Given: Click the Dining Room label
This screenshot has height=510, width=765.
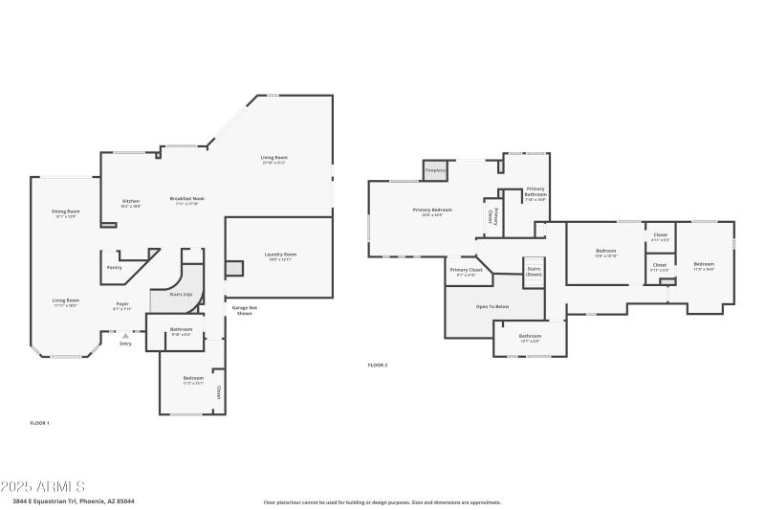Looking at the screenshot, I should tap(66, 212).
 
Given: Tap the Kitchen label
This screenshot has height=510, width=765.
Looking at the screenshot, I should tap(131, 202).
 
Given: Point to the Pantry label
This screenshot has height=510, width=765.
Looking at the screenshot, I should tap(114, 268).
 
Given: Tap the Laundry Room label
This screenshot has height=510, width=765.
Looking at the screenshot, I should tap(281, 255).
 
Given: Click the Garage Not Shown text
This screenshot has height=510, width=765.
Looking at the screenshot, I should tap(243, 310).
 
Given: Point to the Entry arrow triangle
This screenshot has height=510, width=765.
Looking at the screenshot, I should tap(124, 335).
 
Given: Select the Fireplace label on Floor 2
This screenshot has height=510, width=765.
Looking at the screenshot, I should tap(436, 170).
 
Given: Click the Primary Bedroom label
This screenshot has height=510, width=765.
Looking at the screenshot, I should tap(432, 211).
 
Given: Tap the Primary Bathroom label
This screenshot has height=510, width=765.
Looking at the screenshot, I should tap(535, 193).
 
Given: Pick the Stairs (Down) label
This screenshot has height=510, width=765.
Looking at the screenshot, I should tap(534, 271).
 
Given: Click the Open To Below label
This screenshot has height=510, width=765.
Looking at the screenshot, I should tap(492, 306).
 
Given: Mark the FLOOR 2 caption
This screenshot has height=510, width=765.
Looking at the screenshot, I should tap(378, 366).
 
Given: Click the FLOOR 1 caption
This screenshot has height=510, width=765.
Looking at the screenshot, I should tap(39, 422).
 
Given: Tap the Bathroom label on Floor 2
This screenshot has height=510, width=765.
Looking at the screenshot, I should tap(530, 337).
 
